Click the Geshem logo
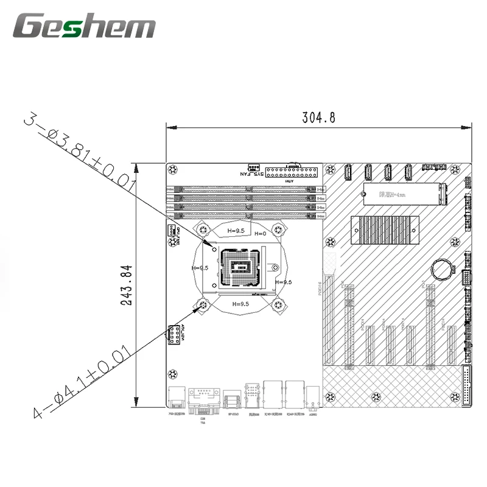85,27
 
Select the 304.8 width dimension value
319,118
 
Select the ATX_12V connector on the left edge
173,335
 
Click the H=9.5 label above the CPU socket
236,231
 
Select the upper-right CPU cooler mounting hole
278,229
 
